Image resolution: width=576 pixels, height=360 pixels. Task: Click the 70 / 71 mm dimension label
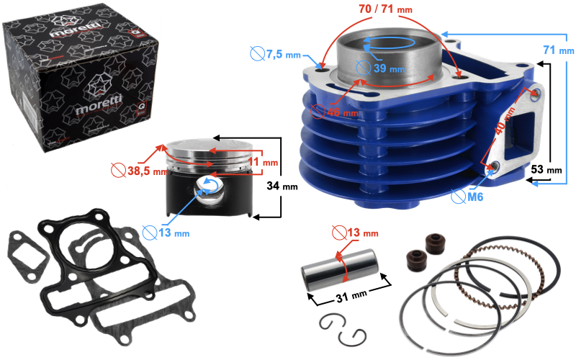click(385, 9)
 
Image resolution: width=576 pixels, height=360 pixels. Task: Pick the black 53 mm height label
click(546, 169)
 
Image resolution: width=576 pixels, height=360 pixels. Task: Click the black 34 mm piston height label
click(282, 186)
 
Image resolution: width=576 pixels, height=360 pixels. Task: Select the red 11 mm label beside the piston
click(263, 161)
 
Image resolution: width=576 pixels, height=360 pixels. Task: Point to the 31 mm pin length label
click(351, 296)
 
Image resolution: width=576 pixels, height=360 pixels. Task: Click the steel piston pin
click(340, 270)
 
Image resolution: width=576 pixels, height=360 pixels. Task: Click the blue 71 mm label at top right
click(559, 50)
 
